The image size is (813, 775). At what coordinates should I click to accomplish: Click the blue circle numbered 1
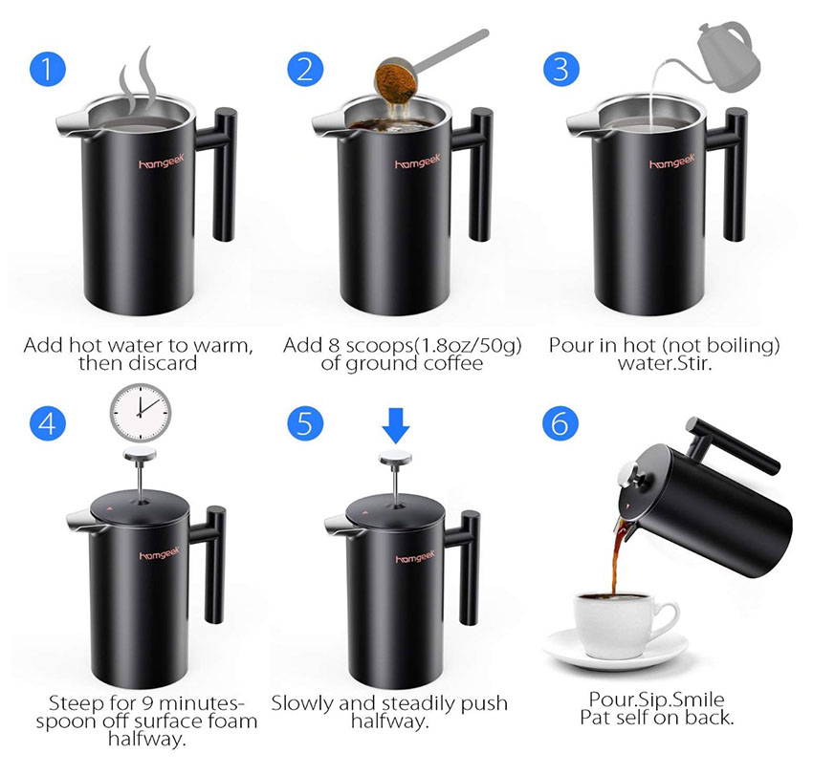click(x=48, y=69)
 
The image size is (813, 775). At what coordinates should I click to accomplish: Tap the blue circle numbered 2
click(x=305, y=69)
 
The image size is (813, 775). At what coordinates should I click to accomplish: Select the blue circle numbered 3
click(x=561, y=69)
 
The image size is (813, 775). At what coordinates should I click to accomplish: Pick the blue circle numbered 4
click(x=48, y=423)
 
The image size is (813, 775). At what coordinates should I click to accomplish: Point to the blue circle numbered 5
click(x=305, y=423)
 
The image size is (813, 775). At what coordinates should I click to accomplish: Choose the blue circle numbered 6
click(x=560, y=423)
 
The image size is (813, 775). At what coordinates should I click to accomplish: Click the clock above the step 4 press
click(x=141, y=413)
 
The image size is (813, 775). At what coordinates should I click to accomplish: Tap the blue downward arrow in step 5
click(x=396, y=425)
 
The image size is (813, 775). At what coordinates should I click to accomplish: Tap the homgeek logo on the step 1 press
click(x=162, y=161)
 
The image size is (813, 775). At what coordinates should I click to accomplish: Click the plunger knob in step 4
click(x=140, y=454)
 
